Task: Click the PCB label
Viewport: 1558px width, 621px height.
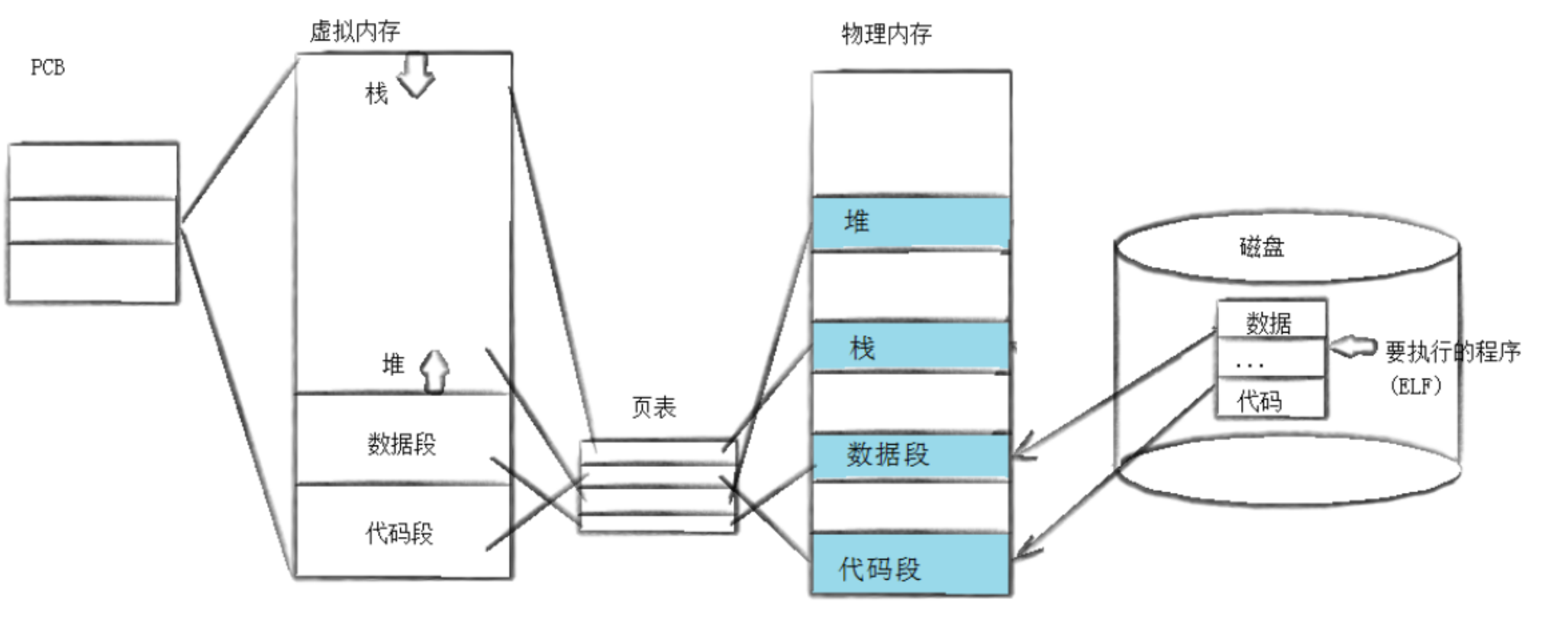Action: (47, 68)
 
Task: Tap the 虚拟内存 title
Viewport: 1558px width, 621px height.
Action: (355, 31)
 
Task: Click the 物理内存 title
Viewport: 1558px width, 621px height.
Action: (886, 34)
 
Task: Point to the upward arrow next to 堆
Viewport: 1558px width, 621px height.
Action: (435, 371)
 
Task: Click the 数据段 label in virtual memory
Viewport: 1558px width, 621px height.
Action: (402, 443)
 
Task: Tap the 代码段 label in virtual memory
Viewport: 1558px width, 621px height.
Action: (399, 533)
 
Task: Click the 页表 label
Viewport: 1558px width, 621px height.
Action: (654, 407)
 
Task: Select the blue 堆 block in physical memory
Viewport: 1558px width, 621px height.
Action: (911, 223)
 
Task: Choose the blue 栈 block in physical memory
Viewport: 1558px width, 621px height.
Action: (911, 347)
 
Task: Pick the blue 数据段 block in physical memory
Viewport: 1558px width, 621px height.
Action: (911, 456)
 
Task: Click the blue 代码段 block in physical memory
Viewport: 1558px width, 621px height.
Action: (911, 566)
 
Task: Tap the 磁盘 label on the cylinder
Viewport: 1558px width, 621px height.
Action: (1261, 247)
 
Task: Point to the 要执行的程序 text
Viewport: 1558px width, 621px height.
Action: (1453, 352)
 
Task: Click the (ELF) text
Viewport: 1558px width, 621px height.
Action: (1415, 386)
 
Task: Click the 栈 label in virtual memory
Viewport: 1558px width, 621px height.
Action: (376, 94)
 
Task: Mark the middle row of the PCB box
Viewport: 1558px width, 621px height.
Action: (92, 220)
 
